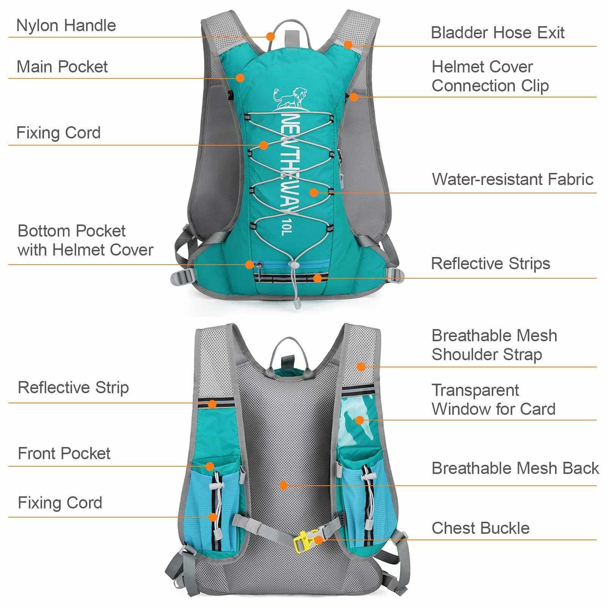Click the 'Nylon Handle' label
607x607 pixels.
pos(66,25)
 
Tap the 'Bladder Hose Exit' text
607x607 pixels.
pos(497,33)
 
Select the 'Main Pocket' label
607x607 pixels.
pos(62,67)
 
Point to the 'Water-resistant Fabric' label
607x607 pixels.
pos(513,179)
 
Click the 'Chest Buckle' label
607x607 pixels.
pos(480,528)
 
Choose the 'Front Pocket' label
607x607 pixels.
pos(64,453)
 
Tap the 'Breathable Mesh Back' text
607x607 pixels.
pos(515,468)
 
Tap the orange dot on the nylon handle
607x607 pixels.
pos(270,36)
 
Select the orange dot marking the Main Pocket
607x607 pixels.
pos(240,78)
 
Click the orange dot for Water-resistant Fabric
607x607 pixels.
pos(314,193)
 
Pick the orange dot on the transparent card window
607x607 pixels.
pos(359,420)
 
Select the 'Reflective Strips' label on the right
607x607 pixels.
pos(491,264)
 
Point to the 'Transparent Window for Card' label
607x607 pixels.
pos(493,399)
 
